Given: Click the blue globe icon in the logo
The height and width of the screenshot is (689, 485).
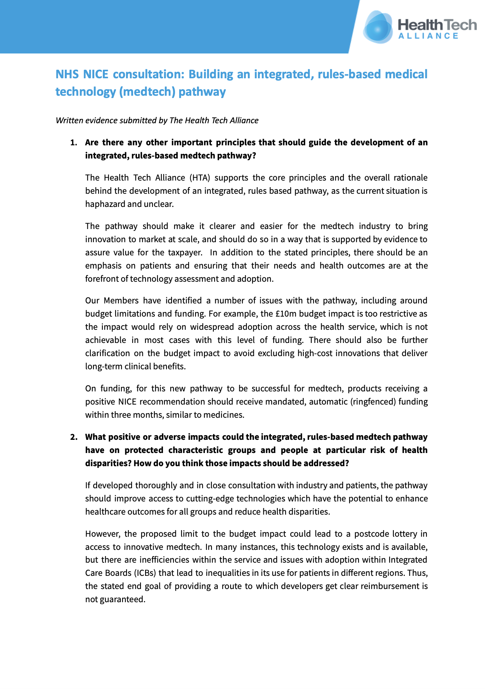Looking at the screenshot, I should point(378,27).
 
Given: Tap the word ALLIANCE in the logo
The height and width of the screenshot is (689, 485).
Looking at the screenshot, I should point(428,36).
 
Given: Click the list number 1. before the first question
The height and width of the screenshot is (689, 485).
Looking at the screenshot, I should point(74,143).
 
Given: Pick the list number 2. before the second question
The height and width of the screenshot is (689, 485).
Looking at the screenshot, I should point(74,437).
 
